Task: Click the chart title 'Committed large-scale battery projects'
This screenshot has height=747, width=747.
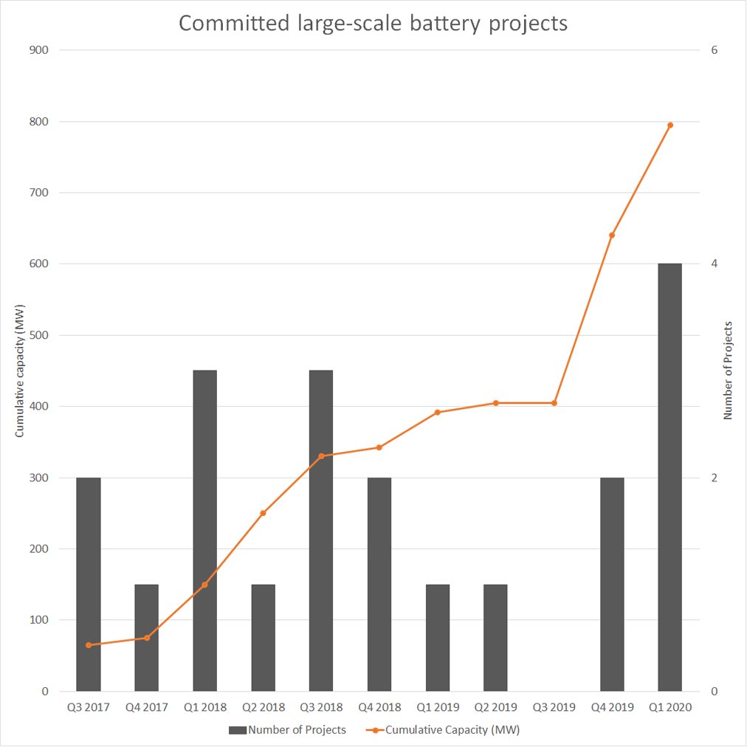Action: [x=373, y=23]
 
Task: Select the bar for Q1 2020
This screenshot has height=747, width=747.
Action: [x=669, y=477]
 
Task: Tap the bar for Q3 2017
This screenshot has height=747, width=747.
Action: [x=88, y=584]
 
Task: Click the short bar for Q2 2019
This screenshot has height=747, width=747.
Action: [x=495, y=638]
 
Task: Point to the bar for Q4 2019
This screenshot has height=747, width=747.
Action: [x=612, y=584]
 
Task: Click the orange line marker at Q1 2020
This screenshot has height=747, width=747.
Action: [x=670, y=125]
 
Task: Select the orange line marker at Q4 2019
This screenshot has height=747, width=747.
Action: [x=612, y=235]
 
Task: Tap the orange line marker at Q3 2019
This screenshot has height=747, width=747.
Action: [x=554, y=403]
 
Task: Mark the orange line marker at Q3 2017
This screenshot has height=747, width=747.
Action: [x=88, y=645]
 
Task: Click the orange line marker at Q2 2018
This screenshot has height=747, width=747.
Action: [x=263, y=513]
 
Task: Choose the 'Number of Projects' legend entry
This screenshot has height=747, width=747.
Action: [x=287, y=730]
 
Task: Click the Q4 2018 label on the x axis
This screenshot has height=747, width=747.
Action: [x=379, y=707]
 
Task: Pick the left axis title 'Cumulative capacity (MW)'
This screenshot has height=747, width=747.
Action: [x=20, y=370]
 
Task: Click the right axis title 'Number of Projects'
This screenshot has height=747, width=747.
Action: [x=728, y=370]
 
